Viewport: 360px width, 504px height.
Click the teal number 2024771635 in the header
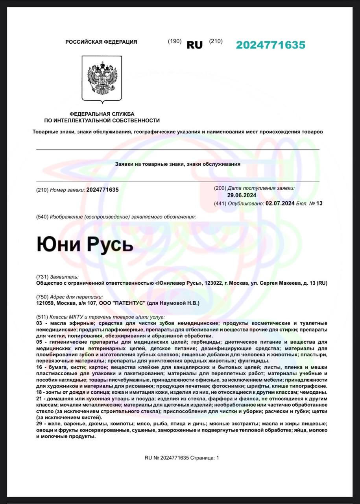pyautogui.click(x=270, y=45)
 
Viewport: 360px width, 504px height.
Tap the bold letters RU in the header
pyautogui.click(x=194, y=45)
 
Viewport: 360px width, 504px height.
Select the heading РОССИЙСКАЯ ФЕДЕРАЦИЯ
pyautogui.click(x=101, y=42)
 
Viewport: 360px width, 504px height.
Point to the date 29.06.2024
pyautogui.click(x=242, y=195)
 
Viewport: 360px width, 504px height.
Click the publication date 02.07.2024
pyautogui.click(x=280, y=203)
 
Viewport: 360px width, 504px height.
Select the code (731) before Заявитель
pyautogui.click(x=42, y=277)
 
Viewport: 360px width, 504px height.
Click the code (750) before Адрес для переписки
pyautogui.click(x=42, y=296)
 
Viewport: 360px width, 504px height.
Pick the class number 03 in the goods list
pyautogui.click(x=39, y=323)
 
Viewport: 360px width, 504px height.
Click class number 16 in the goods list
pyautogui.click(x=39, y=367)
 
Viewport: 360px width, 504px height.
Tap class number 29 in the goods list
pyautogui.click(x=39, y=424)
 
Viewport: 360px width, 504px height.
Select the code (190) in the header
pyautogui.click(x=174, y=41)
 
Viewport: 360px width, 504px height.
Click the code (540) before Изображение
pyautogui.click(x=42, y=217)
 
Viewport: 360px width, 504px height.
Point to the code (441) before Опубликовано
pyautogui.click(x=220, y=203)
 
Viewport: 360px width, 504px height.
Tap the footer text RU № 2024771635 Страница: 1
pyautogui.click(x=181, y=458)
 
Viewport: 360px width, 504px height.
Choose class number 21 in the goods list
pyautogui.click(x=39, y=398)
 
